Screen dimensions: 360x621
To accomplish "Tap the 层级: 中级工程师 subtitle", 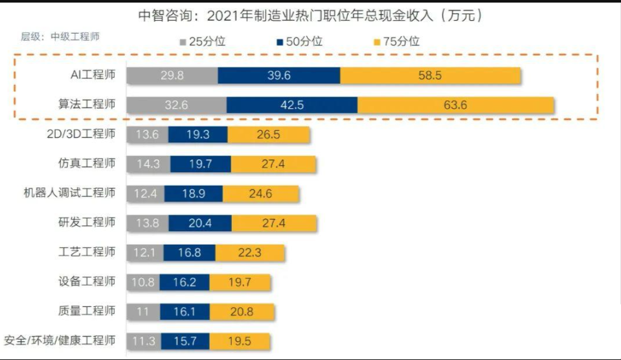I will pos(60,36).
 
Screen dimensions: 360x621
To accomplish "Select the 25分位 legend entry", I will pos(202,42).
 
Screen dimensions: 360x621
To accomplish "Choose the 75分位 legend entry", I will pos(396,42).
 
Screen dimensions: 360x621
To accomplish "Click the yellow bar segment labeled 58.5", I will pos(430,75).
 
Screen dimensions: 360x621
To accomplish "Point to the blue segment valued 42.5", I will pos(291,105).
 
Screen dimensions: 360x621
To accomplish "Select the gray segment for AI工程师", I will pos(172,75).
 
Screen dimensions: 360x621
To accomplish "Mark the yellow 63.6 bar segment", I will pos(455,105).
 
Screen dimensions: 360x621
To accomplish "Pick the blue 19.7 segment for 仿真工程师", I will pos(201,164).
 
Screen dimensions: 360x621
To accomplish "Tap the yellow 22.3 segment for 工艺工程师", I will pos(249,253).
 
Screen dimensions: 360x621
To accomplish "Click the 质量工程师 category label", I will pos(87,311).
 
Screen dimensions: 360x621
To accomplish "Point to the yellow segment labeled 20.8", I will pos(242,311).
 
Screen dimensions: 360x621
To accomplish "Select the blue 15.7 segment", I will pos(185,341).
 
